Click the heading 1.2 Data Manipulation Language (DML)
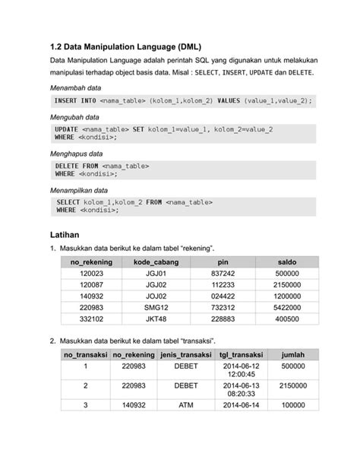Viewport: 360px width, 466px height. (x=125, y=46)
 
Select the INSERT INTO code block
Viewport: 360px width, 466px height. (x=183, y=100)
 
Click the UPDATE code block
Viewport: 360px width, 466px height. (x=183, y=133)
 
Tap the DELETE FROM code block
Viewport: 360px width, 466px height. (x=183, y=169)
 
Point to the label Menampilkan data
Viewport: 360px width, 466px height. (x=79, y=189)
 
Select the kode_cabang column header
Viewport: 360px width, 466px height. (x=155, y=262)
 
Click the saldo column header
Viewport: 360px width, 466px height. (x=287, y=262)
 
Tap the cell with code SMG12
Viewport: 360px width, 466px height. (x=155, y=308)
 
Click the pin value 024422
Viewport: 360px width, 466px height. (x=223, y=296)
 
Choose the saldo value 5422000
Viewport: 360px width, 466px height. (x=287, y=308)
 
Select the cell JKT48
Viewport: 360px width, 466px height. (x=155, y=319)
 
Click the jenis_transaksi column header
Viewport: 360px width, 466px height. (x=186, y=355)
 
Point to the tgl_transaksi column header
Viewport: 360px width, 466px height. (x=241, y=355)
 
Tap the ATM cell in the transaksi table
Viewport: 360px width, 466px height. (x=186, y=405)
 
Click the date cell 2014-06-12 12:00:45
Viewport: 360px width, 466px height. (x=241, y=370)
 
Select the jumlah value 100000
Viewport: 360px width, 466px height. (x=292, y=405)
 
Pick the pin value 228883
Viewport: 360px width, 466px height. (x=223, y=319)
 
